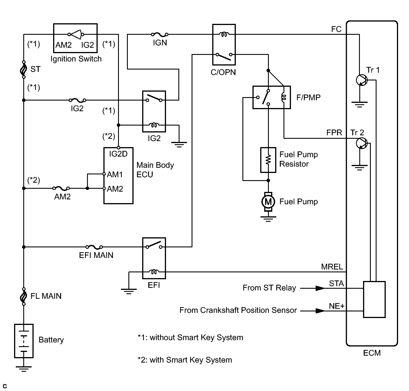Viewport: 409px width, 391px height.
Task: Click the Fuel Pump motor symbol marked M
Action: tap(268, 202)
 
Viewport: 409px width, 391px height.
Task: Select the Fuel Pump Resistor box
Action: tap(268, 160)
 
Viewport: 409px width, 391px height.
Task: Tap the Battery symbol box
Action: tap(24, 341)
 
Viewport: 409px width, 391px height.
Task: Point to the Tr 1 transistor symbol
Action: tap(362, 80)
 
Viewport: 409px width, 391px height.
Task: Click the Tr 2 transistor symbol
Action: tap(362, 143)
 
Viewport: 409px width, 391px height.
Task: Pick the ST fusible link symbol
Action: tap(24, 69)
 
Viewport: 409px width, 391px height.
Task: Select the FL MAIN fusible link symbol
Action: tap(24, 296)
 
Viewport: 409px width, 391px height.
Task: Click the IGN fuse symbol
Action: tap(160, 34)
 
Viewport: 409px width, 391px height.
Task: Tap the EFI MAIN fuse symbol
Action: tap(94, 247)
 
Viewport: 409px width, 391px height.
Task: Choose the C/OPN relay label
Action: tap(223, 72)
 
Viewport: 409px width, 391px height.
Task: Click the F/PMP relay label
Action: tap(308, 98)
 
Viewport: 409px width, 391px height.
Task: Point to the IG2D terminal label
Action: tap(118, 154)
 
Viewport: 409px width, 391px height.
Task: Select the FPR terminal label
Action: tap(334, 133)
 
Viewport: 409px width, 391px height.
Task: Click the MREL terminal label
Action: tap(332, 267)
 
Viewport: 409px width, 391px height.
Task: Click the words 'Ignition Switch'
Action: tap(76, 59)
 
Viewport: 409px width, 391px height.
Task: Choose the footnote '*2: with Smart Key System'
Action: tap(185, 360)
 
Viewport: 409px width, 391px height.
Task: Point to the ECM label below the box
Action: tap(372, 353)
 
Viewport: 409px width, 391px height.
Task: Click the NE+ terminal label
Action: tap(337, 306)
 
